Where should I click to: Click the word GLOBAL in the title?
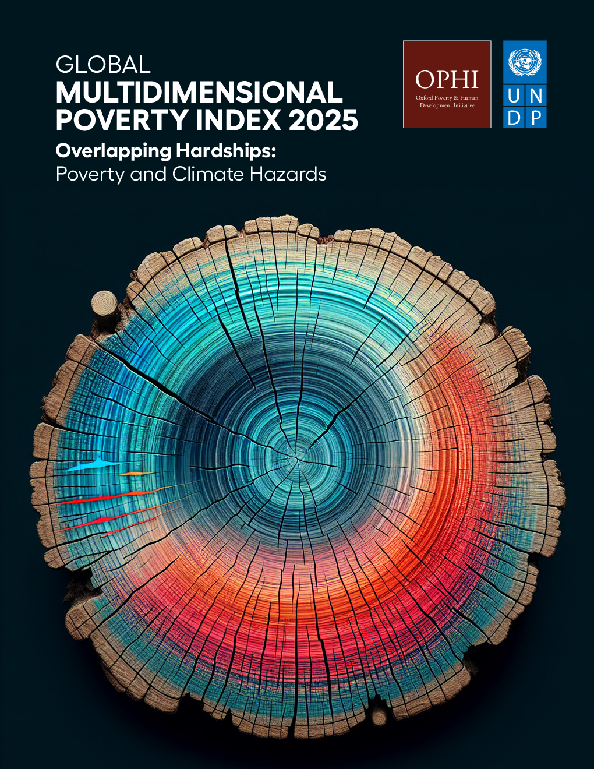pos(103,65)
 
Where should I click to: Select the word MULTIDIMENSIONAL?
pos(199,92)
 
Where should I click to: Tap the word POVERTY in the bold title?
pos(122,120)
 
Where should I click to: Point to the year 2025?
pos(323,120)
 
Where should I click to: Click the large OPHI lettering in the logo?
pos(447,80)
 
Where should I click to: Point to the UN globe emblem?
pos(525,62)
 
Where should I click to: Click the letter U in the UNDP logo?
pos(514,96)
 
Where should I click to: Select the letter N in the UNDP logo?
pos(536,96)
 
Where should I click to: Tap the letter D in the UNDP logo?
pos(514,118)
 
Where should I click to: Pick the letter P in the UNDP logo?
pos(536,118)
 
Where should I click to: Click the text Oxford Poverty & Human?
pos(447,98)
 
